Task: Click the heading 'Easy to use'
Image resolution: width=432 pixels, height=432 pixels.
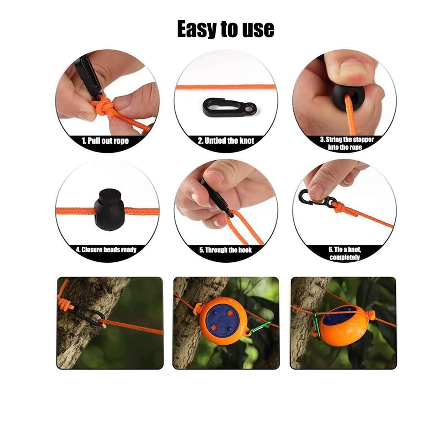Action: [x=226, y=29]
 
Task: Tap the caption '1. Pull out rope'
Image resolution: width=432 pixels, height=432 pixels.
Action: [x=105, y=141]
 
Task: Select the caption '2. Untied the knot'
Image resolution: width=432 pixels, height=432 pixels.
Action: [x=226, y=141]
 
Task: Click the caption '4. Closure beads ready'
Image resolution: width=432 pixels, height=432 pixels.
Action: [x=106, y=250]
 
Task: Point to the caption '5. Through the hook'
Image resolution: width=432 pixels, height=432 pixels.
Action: [x=226, y=250]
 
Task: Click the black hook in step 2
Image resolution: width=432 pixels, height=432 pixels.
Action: [x=229, y=107]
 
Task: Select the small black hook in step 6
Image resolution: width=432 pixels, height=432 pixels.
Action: [x=317, y=198]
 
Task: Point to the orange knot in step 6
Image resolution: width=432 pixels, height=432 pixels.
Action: [x=339, y=207]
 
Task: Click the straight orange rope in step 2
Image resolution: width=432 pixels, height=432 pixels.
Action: [x=226, y=87]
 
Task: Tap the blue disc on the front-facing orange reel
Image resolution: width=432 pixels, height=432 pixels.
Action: [x=222, y=319]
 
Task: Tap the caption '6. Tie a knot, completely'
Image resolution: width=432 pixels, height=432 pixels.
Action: [x=345, y=254]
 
